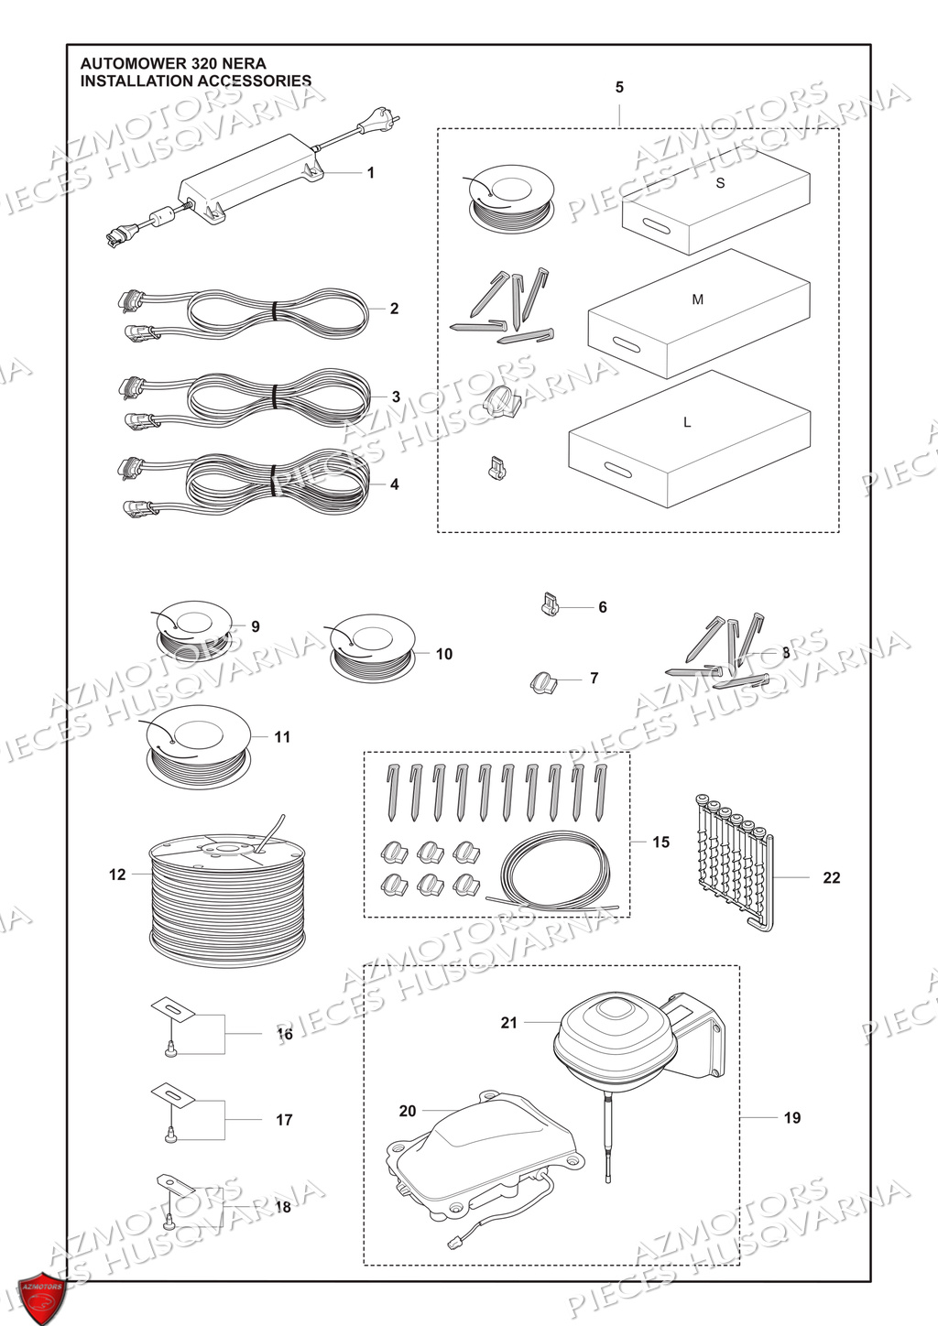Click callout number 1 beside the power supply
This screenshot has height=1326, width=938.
[x=370, y=172]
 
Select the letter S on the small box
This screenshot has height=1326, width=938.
[x=720, y=183]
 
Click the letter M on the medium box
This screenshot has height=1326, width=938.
[x=698, y=299]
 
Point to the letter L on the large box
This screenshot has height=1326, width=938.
[x=686, y=422]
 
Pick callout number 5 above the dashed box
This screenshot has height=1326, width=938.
[x=619, y=87]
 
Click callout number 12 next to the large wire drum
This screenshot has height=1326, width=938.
[x=117, y=875]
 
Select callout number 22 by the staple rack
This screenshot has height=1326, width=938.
[x=831, y=877]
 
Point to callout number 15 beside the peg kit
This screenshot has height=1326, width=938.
[x=660, y=842]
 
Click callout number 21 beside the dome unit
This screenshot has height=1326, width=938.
[x=509, y=1022]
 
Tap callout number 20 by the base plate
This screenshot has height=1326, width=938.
[x=408, y=1111]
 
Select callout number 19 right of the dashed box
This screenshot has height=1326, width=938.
[x=791, y=1117]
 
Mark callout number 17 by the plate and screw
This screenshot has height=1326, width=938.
[x=284, y=1119]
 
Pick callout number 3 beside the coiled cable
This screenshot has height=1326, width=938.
[x=396, y=397]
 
